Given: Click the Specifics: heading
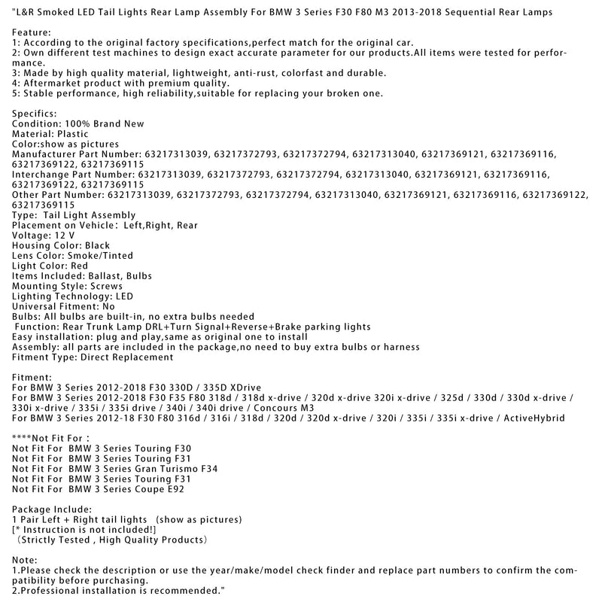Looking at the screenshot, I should [x=35, y=113].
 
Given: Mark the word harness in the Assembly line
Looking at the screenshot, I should [x=400, y=347].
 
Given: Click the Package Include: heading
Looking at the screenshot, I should [x=53, y=509].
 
